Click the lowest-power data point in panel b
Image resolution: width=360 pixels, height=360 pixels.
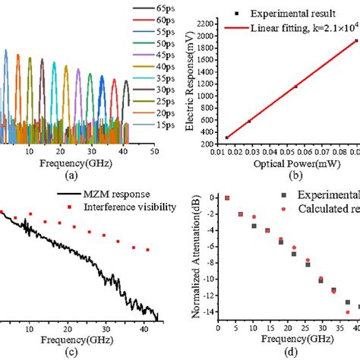(x=226, y=137)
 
